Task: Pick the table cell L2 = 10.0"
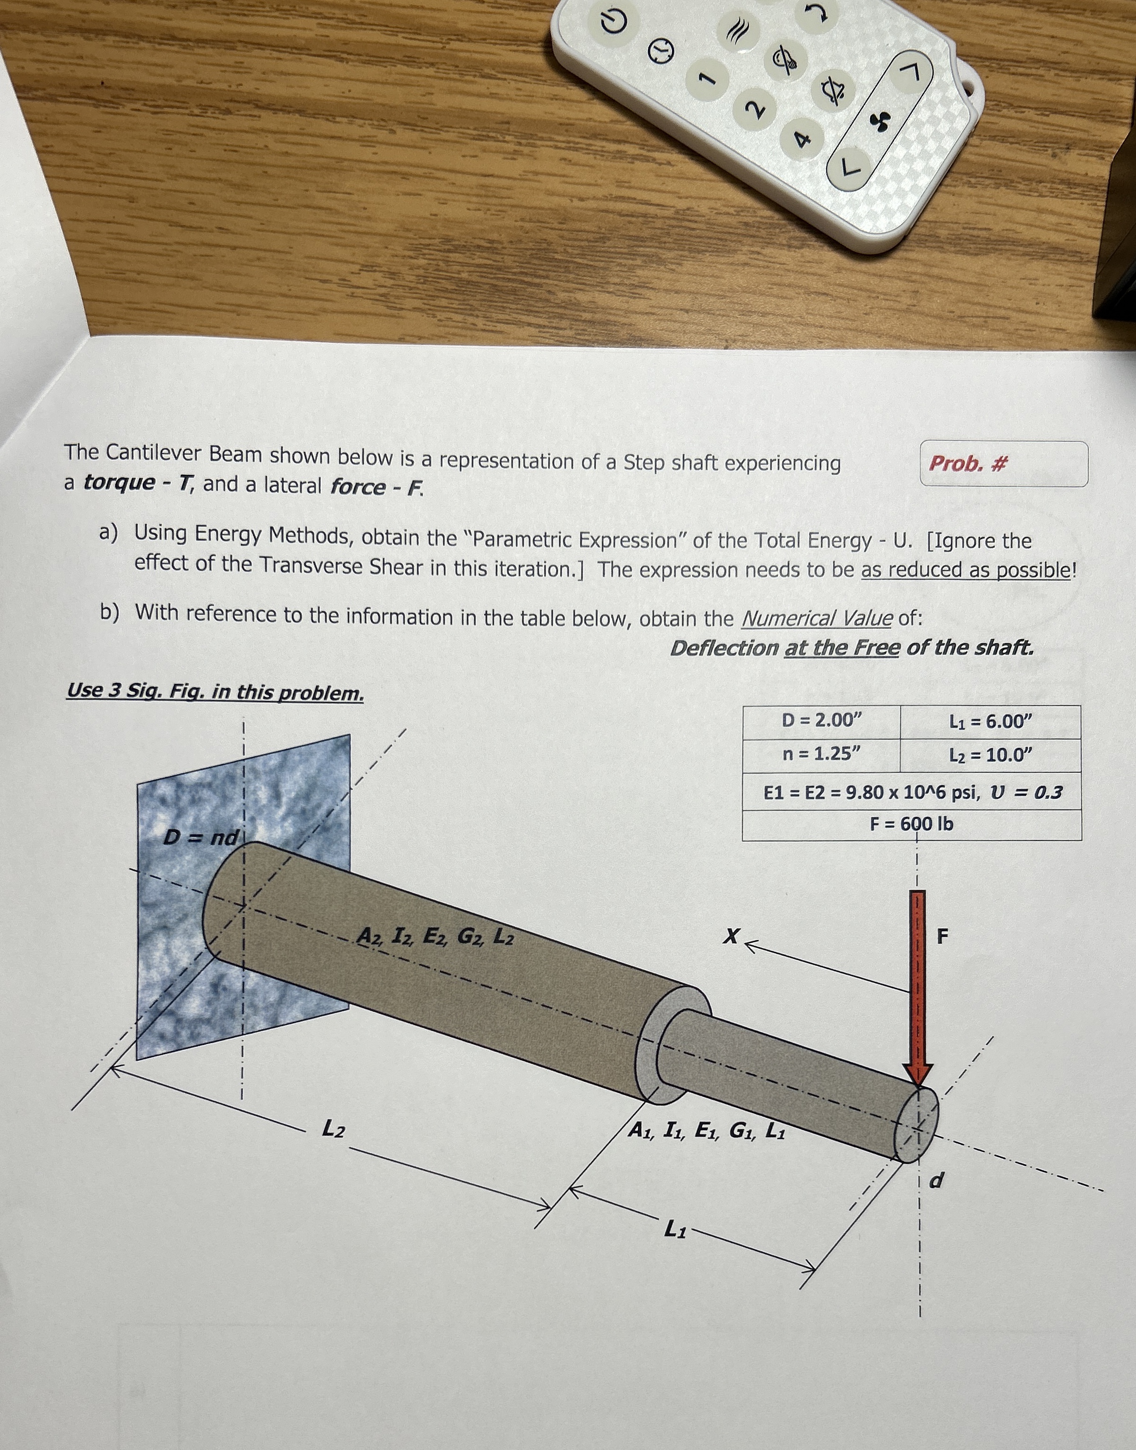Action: pyautogui.click(x=990, y=755)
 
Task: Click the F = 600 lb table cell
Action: pyautogui.click(x=911, y=824)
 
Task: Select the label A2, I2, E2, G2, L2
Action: pyautogui.click(x=436, y=937)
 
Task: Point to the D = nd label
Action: pyautogui.click(x=201, y=837)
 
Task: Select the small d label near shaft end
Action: pyautogui.click(x=935, y=1181)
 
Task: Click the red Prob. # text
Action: pyautogui.click(x=968, y=463)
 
